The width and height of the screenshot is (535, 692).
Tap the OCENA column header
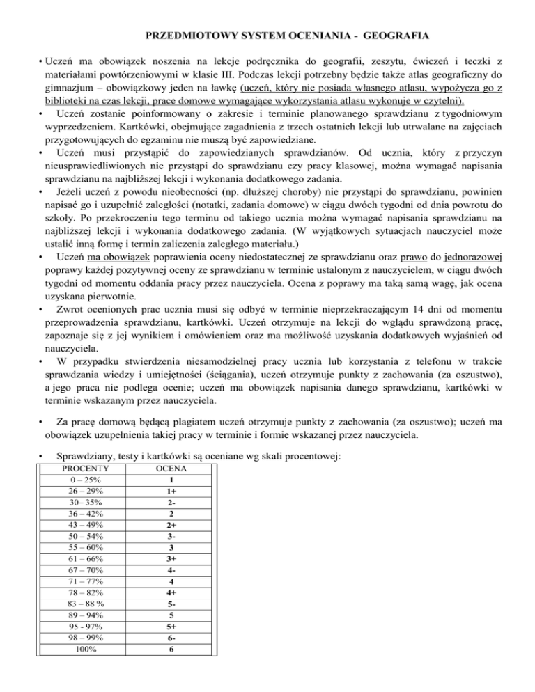click(x=171, y=469)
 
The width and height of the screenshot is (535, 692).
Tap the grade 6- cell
click(x=171, y=638)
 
